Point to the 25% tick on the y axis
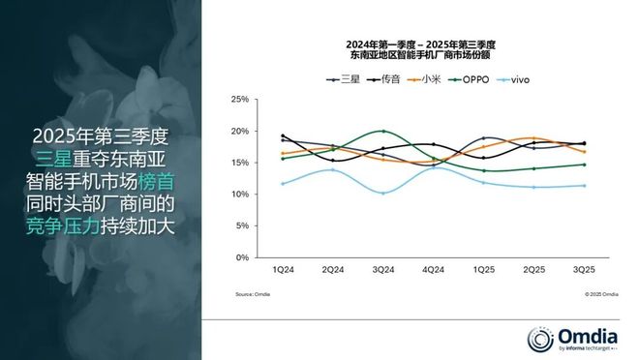coord(241,99)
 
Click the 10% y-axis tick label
coord(241,195)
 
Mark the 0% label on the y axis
coord(244,258)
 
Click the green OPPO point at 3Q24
coord(383,131)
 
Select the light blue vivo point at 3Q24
coord(383,193)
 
